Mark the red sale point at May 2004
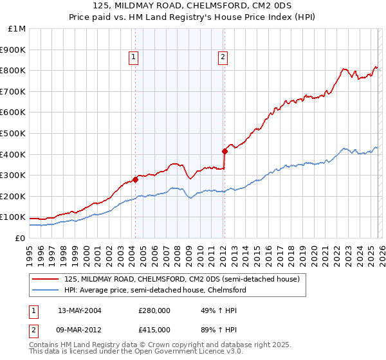tap(136, 179)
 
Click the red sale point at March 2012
tap(225, 151)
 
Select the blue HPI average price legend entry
tap(155, 291)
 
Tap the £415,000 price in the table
tap(154, 329)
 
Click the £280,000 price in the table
tap(154, 310)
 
